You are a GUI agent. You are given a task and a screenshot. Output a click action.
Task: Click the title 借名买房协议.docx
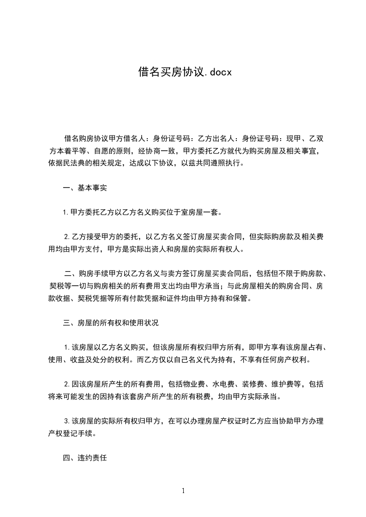coord(185,72)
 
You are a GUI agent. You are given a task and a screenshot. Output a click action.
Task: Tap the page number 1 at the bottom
coord(183,491)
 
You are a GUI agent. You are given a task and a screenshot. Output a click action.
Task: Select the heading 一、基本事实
coord(85,188)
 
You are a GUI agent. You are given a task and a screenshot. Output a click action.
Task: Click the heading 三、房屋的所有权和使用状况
coord(111,323)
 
